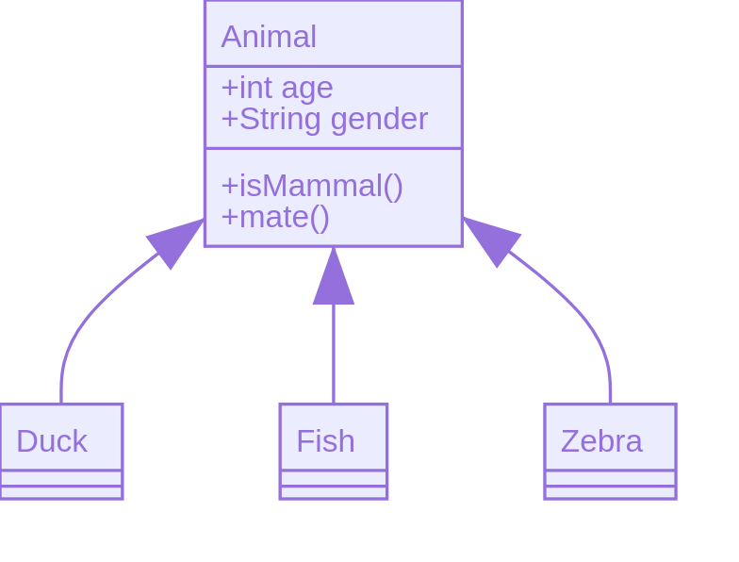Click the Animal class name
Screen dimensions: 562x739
pyautogui.click(x=269, y=37)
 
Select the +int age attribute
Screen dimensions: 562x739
pyautogui.click(x=276, y=88)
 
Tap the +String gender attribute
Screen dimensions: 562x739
pyautogui.click(x=323, y=119)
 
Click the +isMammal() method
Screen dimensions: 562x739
pyautogui.click(x=311, y=186)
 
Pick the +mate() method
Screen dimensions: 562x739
pyautogui.click(x=274, y=217)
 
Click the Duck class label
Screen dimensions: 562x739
pyautogui.click(x=52, y=441)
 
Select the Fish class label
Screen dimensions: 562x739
pyautogui.click(x=325, y=441)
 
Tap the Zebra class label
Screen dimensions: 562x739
pyautogui.click(x=601, y=441)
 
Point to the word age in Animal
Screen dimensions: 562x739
pyautogui.click(x=307, y=88)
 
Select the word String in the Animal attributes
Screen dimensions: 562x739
pyautogui.click(x=279, y=119)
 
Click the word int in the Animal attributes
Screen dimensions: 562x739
pyautogui.click(x=251, y=88)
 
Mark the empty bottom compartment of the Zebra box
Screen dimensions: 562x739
pyautogui.click(x=610, y=492)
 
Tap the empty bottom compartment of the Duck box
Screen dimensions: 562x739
pyautogui.click(x=60, y=492)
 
